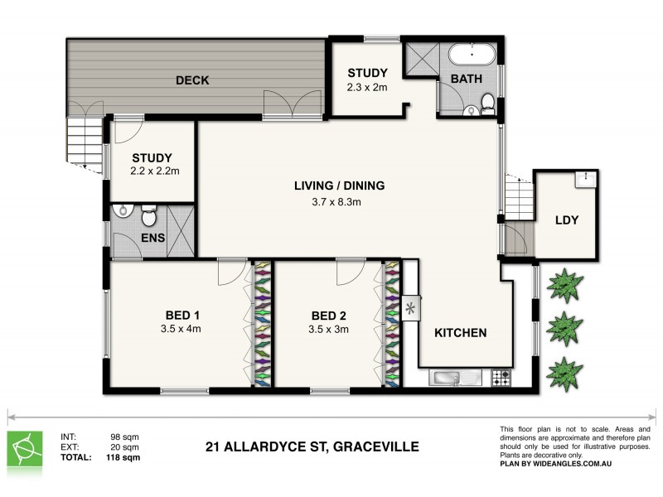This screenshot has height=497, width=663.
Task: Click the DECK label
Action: [191, 80]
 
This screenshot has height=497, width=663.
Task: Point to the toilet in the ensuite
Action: [149, 217]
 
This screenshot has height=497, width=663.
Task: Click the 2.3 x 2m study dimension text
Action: [367, 86]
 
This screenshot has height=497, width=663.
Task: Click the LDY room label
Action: [567, 220]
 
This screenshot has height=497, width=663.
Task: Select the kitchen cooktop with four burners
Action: [501, 379]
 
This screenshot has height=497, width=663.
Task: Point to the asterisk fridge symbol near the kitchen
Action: [410, 309]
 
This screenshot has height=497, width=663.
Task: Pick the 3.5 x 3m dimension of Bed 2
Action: [329, 329]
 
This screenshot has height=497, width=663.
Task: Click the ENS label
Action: [153, 239]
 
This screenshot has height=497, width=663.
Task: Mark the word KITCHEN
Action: [460, 333]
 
